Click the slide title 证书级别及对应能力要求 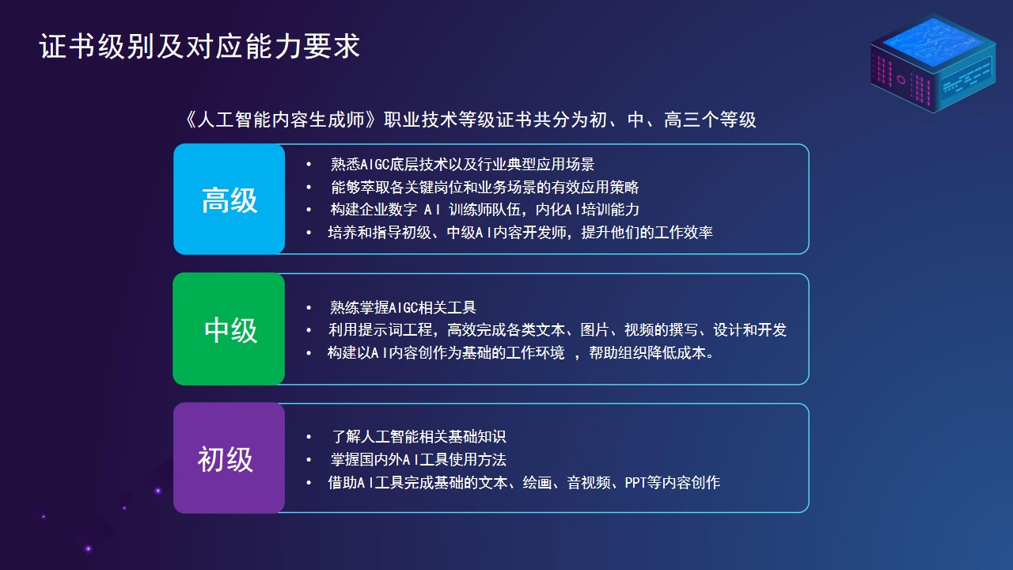tap(199, 47)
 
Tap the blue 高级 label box tap(230, 199)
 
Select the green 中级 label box tap(229, 329)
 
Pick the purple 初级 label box tap(229, 458)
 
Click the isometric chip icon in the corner tap(933, 63)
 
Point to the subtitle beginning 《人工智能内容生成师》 tap(471, 120)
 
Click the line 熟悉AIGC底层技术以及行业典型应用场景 tap(462, 164)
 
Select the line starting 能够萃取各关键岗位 tap(484, 188)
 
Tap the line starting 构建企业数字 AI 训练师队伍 tap(484, 210)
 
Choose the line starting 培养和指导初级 tap(520, 233)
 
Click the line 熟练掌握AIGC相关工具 tap(403, 308)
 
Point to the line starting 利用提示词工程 tap(557, 330)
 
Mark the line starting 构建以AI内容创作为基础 tap(521, 352)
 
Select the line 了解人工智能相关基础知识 tap(419, 436)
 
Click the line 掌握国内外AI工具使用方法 tap(419, 460)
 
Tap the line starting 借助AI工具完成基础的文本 tap(524, 483)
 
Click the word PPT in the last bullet tap(635, 483)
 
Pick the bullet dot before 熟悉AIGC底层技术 tap(309, 165)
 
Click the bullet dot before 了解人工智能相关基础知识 tap(309, 437)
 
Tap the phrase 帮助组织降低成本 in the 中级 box tap(647, 352)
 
